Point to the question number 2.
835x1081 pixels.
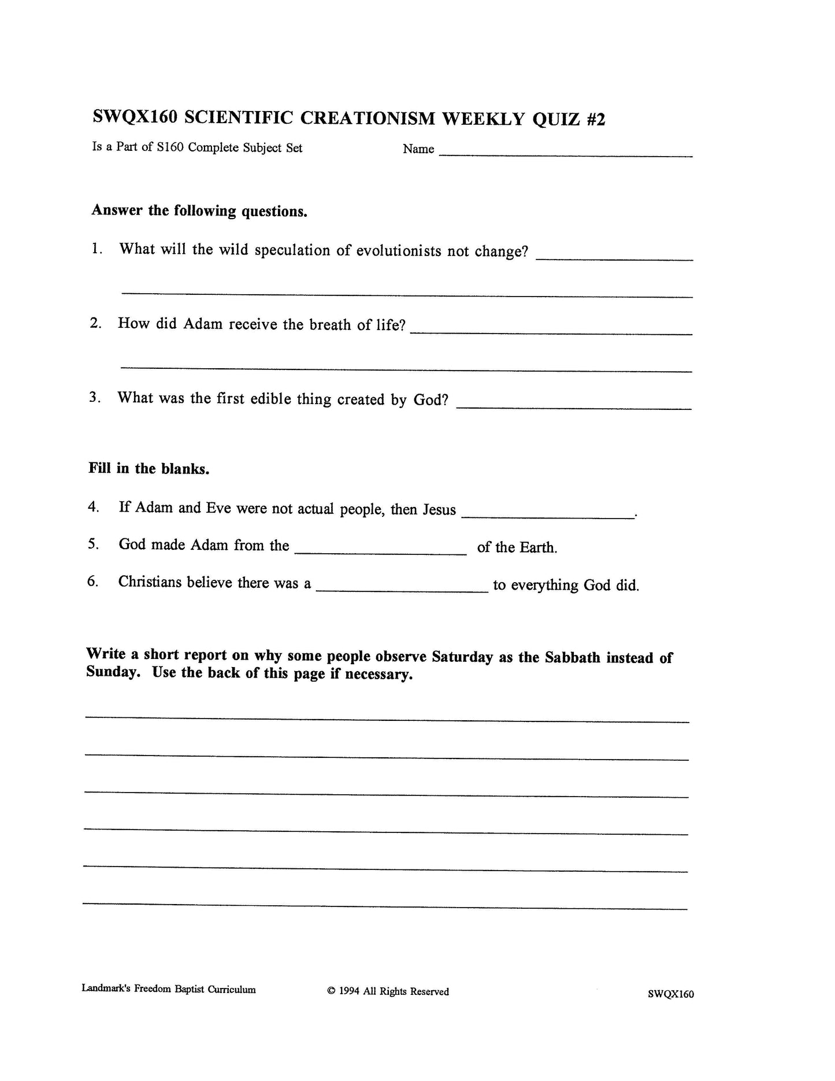(96, 323)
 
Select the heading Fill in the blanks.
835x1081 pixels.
(149, 468)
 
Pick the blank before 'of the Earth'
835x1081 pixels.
(380, 551)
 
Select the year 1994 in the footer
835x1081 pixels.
(349, 991)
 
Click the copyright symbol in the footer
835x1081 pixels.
(331, 991)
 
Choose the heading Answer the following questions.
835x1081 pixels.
(199, 211)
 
